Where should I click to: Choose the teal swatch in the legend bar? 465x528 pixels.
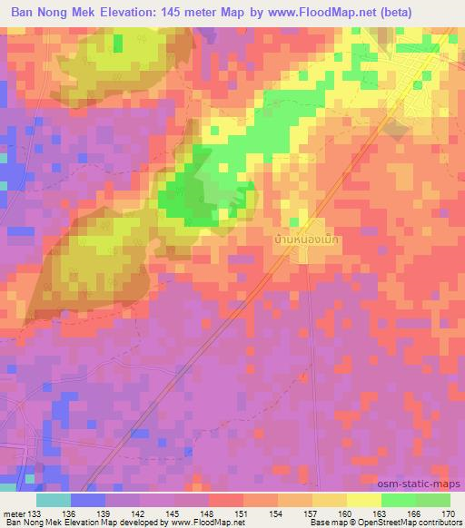click(x=54, y=499)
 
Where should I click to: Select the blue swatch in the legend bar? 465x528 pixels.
click(x=88, y=499)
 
